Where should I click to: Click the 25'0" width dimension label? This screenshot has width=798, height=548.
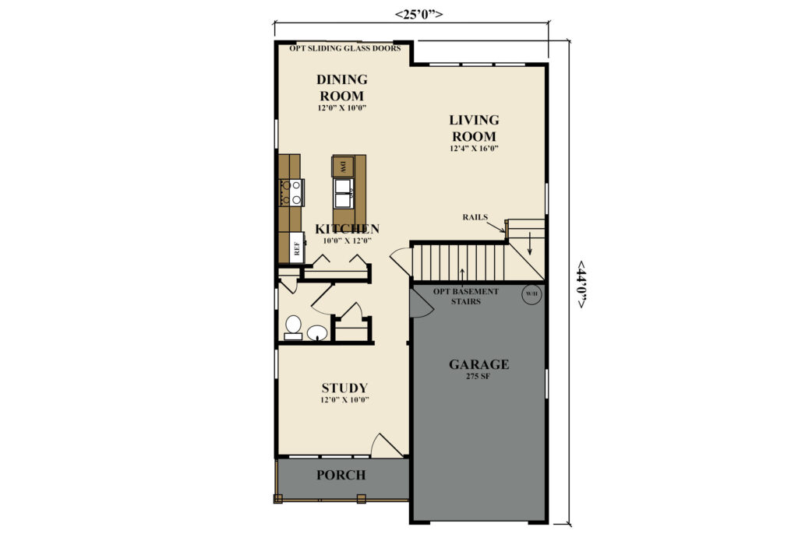pyautogui.click(x=418, y=14)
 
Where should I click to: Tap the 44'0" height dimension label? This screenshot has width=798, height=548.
pyautogui.click(x=581, y=285)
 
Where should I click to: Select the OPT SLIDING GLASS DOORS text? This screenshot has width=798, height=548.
pyautogui.click(x=345, y=48)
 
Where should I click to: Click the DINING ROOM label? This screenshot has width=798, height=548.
pyautogui.click(x=342, y=87)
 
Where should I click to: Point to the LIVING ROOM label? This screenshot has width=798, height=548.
pyautogui.click(x=474, y=128)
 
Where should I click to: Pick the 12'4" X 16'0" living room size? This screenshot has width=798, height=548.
pyautogui.click(x=473, y=149)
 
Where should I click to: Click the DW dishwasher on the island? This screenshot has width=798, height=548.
pyautogui.click(x=343, y=167)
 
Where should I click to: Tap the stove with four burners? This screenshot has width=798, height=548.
pyautogui.click(x=291, y=193)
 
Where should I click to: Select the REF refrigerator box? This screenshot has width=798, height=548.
pyautogui.click(x=297, y=248)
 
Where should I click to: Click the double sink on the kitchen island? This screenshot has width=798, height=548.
pyautogui.click(x=344, y=193)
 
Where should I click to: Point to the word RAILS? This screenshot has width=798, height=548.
pyautogui.click(x=475, y=217)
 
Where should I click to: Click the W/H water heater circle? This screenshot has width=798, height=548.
pyautogui.click(x=531, y=293)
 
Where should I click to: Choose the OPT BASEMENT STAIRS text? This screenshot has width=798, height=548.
pyautogui.click(x=466, y=297)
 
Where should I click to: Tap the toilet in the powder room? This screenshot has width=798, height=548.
pyautogui.click(x=293, y=328)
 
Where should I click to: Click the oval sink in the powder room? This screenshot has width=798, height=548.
pyautogui.click(x=317, y=332)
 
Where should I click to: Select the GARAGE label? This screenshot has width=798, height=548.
pyautogui.click(x=479, y=364)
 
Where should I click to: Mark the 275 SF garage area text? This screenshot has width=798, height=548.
pyautogui.click(x=478, y=377)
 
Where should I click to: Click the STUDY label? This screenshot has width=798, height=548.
pyautogui.click(x=344, y=388)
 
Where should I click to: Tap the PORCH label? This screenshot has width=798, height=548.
pyautogui.click(x=341, y=476)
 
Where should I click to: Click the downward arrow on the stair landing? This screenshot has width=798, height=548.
pyautogui.click(x=529, y=243)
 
